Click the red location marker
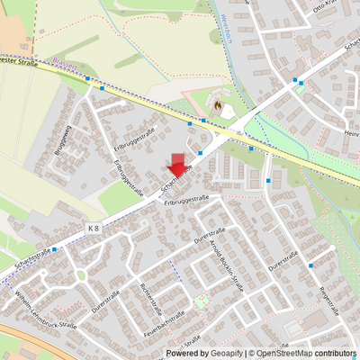(x=179, y=165)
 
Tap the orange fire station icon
(x=218, y=107)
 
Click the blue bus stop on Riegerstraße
(x=310, y=265)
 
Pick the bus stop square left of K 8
(x=54, y=249)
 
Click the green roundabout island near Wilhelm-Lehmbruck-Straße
(x=81, y=274)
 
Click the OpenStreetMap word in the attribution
(x=284, y=354)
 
